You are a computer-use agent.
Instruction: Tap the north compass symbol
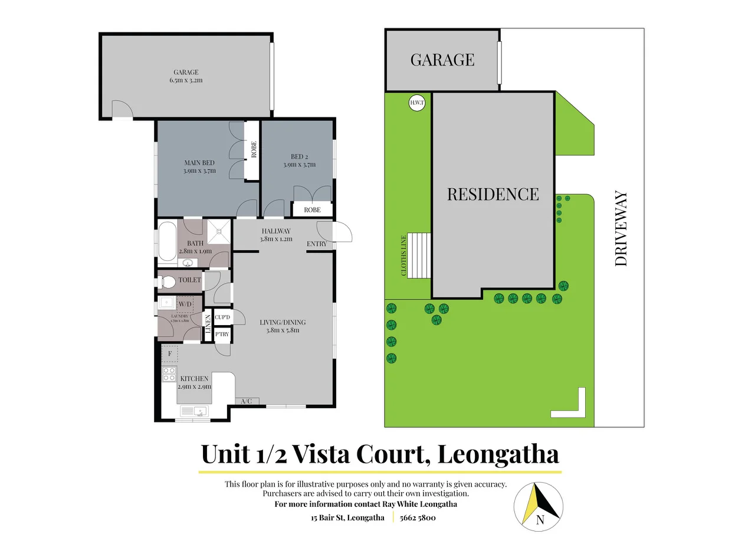pos(539,503)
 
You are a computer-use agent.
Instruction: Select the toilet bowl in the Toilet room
pos(167,281)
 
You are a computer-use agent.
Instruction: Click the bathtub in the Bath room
pos(166,240)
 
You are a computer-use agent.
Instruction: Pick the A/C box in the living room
pos(247,401)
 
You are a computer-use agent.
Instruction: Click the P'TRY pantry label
pos(222,335)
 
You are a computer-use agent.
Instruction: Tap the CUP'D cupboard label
pos(222,317)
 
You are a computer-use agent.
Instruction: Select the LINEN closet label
pos(207,325)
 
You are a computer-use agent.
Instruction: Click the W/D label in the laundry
pos(185,304)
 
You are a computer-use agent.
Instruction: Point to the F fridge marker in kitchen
pos(170,353)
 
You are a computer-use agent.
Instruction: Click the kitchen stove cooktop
pos(169,374)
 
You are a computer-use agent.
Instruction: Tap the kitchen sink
pos(194,411)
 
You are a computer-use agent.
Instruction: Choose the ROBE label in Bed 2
pos(312,209)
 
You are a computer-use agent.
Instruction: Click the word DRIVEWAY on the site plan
pos(621,228)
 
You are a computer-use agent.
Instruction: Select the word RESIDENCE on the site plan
pos(493,194)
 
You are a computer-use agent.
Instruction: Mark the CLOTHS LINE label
pos(405,255)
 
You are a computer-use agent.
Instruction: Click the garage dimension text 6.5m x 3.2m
pos(186,80)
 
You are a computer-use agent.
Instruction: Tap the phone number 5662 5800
pos(418,517)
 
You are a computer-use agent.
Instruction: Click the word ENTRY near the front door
pos(317,244)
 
